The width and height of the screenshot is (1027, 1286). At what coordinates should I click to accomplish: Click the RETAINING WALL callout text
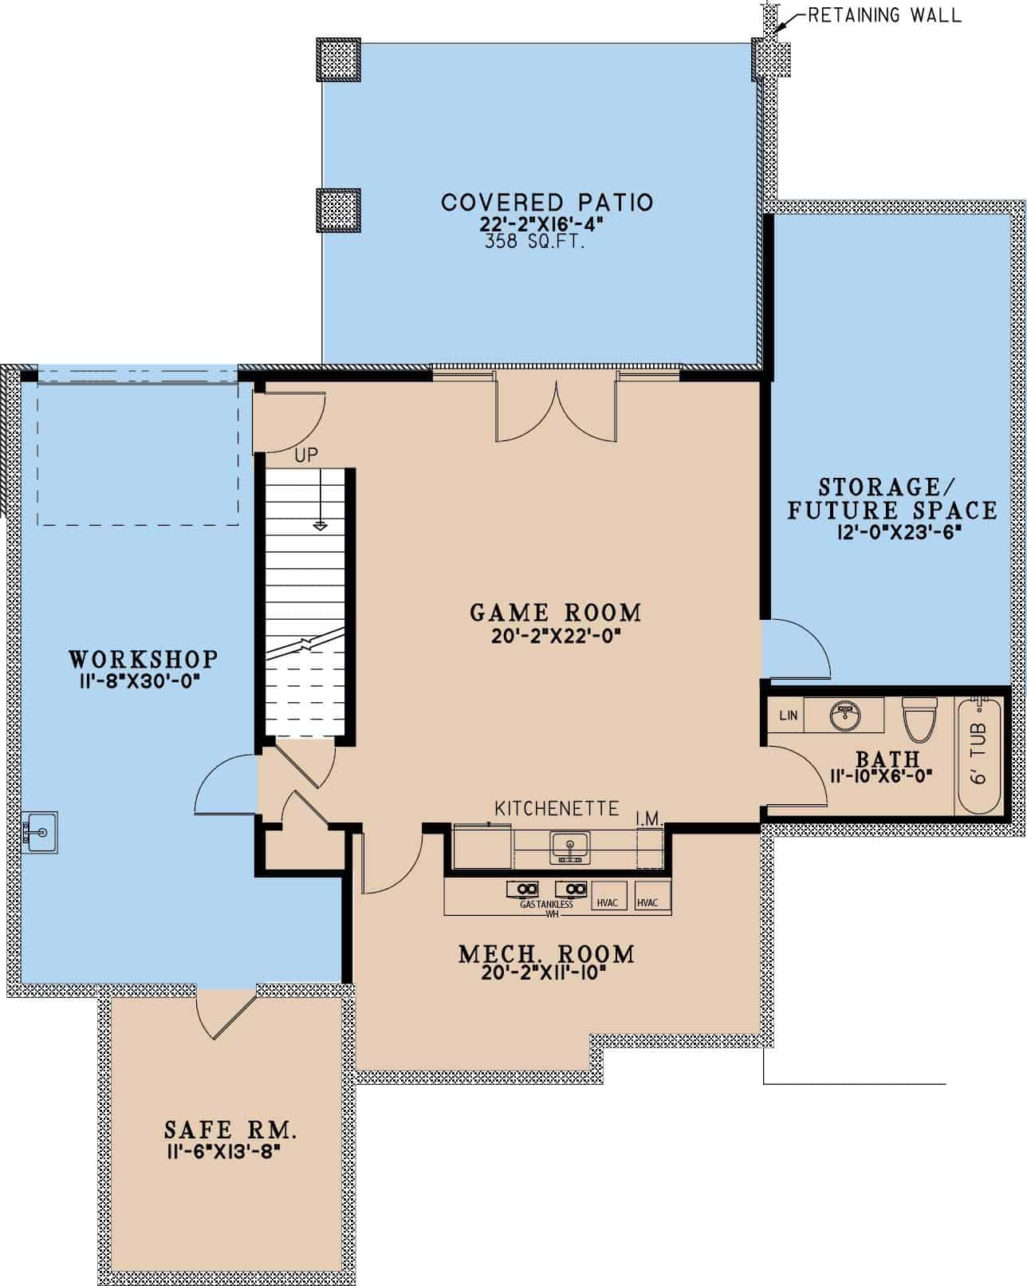(884, 15)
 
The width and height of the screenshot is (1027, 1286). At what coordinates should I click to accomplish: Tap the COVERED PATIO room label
(547, 202)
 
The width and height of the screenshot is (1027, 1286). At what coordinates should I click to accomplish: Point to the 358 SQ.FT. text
(535, 243)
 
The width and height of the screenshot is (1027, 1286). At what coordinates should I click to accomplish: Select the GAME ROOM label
(556, 613)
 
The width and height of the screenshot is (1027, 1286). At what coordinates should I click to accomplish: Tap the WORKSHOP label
(144, 659)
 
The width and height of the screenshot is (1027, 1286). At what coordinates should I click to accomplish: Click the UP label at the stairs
(306, 456)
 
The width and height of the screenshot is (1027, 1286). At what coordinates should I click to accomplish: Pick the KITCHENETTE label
(557, 808)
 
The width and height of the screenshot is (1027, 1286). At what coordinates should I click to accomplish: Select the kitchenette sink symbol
(569, 846)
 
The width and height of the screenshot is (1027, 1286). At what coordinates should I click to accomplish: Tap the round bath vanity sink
(844, 715)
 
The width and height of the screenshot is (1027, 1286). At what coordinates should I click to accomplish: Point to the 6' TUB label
(980, 752)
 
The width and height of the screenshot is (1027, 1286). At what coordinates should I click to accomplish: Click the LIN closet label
(788, 716)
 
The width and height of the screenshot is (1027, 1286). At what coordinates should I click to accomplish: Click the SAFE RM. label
(231, 1130)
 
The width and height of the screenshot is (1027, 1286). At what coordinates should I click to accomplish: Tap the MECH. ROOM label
(547, 954)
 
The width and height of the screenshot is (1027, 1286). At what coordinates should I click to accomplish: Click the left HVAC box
(608, 902)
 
